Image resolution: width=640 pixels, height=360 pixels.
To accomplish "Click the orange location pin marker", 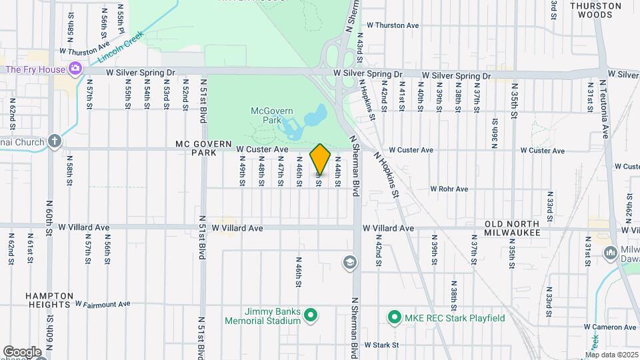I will tap(321, 160).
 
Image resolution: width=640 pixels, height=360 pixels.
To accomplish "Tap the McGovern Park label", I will tap(267, 115).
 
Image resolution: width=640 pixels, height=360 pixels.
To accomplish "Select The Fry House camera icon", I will tap(75, 69).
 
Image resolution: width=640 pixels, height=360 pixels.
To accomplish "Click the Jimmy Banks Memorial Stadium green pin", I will tap(310, 315).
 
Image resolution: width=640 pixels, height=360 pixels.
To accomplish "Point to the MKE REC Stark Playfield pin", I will tap(394, 317).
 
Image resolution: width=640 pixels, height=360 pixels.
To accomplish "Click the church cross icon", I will tap(54, 141).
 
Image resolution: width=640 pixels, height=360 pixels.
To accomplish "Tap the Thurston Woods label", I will tap(595, 9).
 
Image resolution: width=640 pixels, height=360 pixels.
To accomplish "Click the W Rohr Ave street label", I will tap(449, 189).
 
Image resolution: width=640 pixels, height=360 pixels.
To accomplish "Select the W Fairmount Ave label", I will tap(103, 305).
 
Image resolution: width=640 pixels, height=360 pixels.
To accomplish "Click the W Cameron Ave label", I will tap(610, 327).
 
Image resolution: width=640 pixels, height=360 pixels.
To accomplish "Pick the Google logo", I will tap(22, 351).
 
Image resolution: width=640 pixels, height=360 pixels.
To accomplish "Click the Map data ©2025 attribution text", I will tap(612, 355).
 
